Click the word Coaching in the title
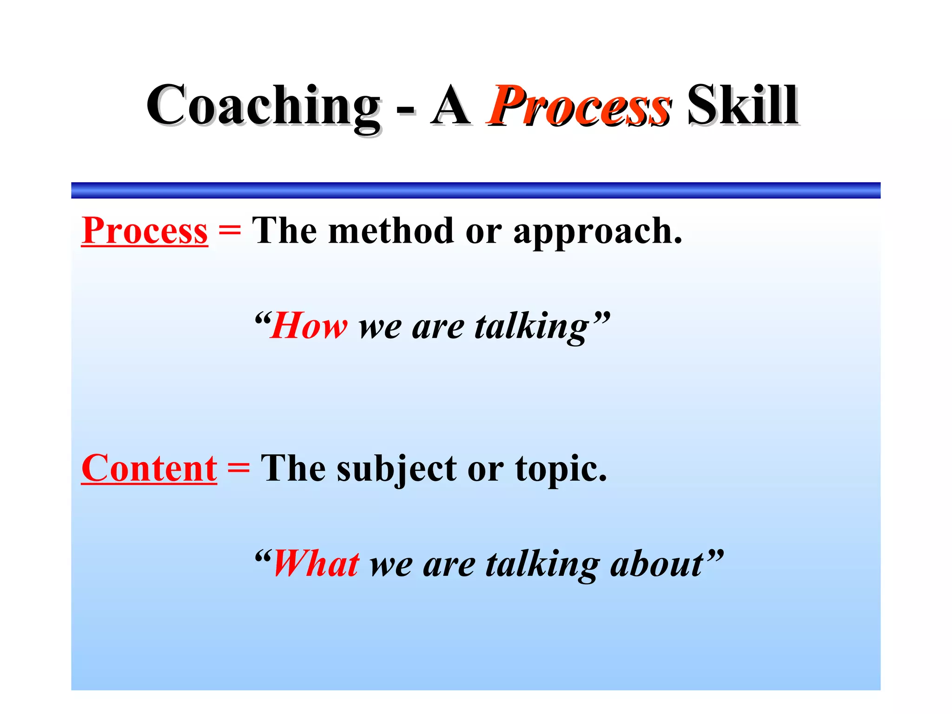(263, 106)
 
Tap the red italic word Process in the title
(579, 106)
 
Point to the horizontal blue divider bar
(476, 190)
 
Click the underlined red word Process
(145, 231)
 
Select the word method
(390, 231)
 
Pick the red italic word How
(309, 326)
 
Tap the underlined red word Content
(149, 469)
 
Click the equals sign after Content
(238, 469)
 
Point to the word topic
(561, 469)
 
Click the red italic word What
(316, 564)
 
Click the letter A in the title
(450, 106)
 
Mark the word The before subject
(293, 469)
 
